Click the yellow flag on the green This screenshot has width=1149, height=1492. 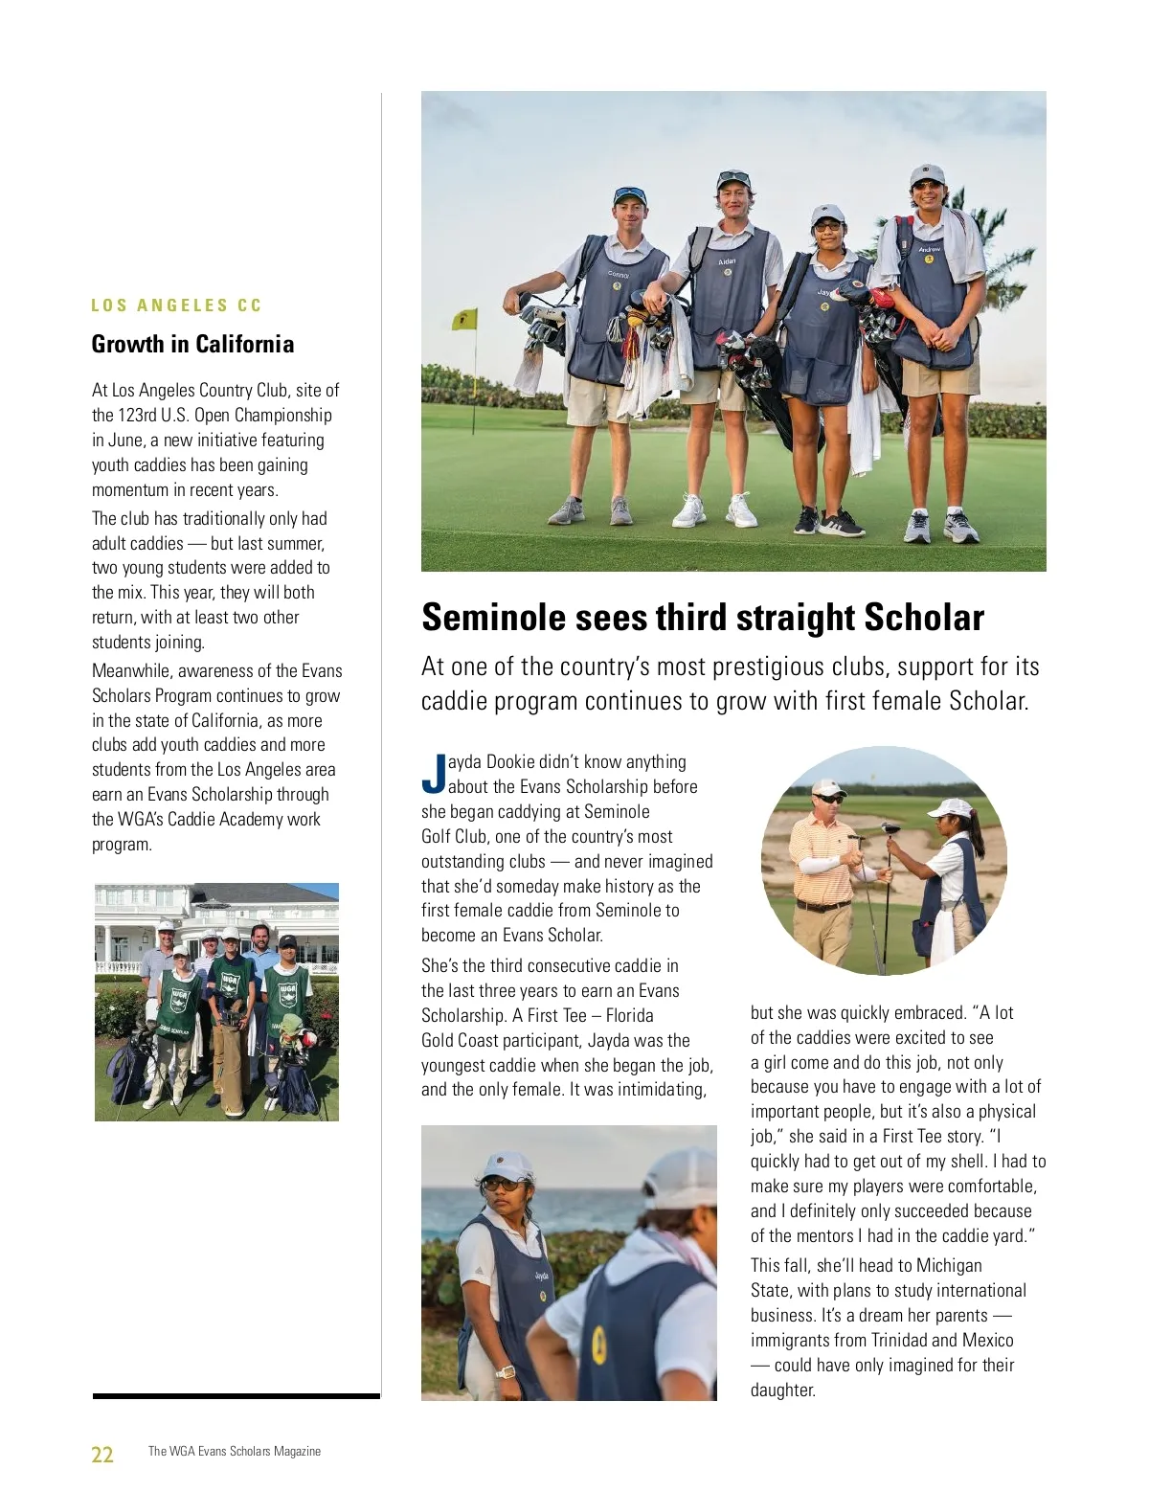(x=464, y=318)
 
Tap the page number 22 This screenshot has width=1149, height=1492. (x=102, y=1455)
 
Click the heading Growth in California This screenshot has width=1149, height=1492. (x=192, y=345)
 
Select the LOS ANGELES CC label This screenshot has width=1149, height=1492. (x=176, y=305)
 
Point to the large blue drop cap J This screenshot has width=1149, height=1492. (x=434, y=774)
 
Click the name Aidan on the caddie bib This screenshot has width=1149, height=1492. (x=728, y=261)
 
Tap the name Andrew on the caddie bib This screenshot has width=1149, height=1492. (x=930, y=249)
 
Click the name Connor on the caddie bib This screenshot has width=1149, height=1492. (x=619, y=275)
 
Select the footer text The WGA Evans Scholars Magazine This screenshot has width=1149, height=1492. (x=235, y=1452)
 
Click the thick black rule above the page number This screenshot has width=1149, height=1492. (x=236, y=1396)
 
